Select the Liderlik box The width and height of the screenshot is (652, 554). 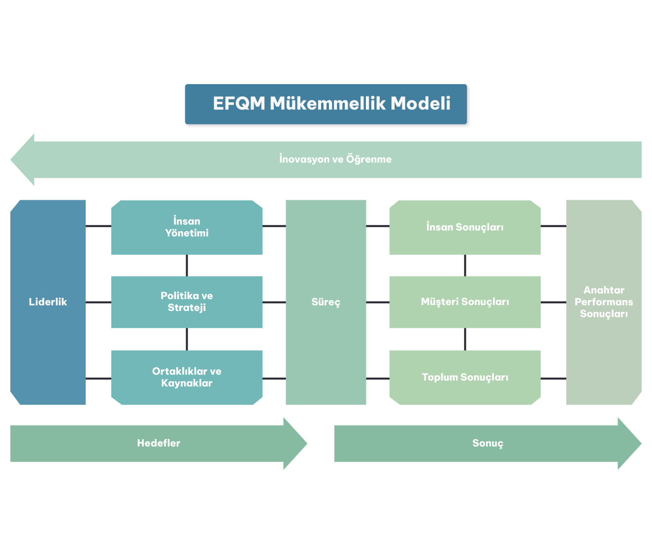click(x=48, y=302)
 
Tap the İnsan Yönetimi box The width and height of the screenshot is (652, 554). click(x=187, y=227)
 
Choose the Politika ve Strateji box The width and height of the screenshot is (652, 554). click(x=187, y=302)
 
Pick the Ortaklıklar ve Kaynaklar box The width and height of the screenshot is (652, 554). click(x=187, y=377)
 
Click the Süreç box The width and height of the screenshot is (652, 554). click(x=326, y=302)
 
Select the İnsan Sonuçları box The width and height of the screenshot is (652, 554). click(x=465, y=227)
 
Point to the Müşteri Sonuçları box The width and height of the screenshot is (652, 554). click(x=465, y=302)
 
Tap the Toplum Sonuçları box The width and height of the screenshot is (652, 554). click(x=465, y=377)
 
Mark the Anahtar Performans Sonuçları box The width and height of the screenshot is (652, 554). click(x=604, y=302)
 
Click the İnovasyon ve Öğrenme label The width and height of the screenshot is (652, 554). click(x=335, y=159)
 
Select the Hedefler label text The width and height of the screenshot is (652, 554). click(x=159, y=443)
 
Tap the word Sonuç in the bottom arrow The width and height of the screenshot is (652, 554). click(x=488, y=443)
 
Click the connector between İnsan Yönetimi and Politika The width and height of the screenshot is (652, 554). click(x=187, y=265)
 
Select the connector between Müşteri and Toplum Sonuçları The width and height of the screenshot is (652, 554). click(x=465, y=339)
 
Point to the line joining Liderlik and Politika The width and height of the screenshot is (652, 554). click(x=98, y=302)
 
